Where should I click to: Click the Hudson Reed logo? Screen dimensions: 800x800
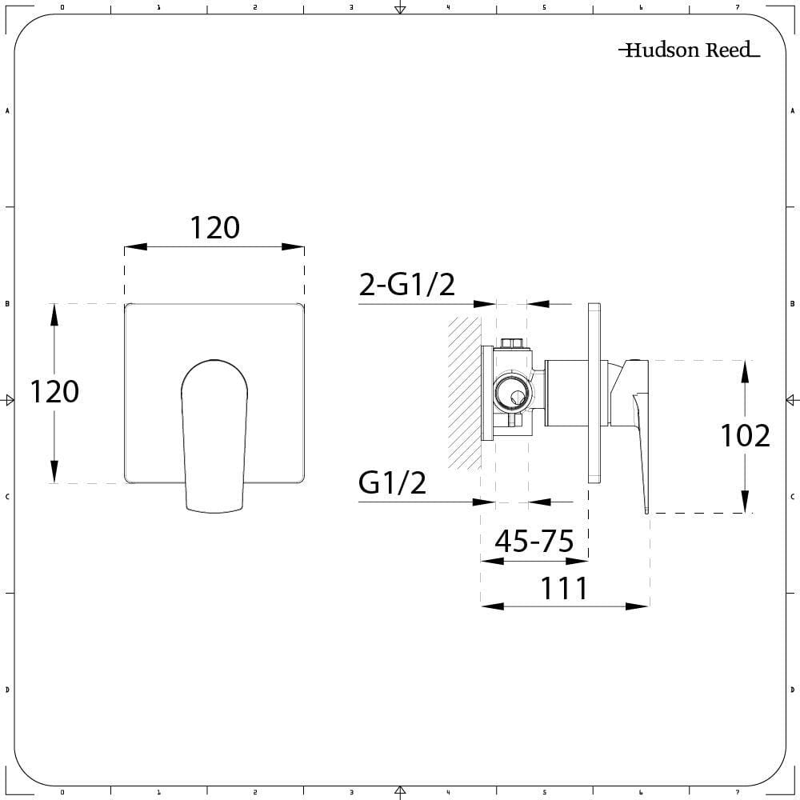tap(690, 50)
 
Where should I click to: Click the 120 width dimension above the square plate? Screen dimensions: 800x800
tap(214, 227)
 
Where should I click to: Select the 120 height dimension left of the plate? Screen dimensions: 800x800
tap(54, 392)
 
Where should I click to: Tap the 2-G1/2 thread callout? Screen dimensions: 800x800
tap(406, 284)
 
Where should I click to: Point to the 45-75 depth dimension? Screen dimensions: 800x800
tap(534, 541)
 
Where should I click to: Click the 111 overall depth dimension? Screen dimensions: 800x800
tap(564, 588)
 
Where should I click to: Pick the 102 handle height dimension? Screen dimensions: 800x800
tap(745, 436)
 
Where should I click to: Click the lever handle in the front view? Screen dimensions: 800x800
tap(214, 436)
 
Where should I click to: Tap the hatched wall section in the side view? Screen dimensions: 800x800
tap(465, 392)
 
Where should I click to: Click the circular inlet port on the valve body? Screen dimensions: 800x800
tap(513, 392)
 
